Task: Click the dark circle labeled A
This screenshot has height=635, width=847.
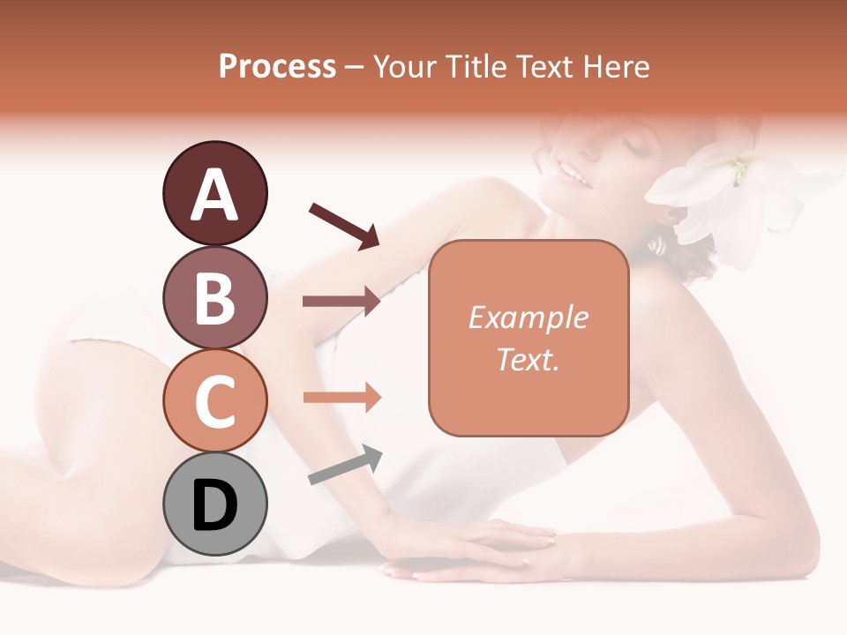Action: click(214, 193)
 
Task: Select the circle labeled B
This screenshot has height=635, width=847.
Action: click(214, 297)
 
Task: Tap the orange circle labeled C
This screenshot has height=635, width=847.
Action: click(214, 400)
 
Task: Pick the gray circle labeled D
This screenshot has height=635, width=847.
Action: click(214, 504)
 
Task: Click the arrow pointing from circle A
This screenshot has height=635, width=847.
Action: click(344, 225)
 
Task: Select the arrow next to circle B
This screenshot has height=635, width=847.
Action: click(341, 302)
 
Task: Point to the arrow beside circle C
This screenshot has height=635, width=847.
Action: click(341, 398)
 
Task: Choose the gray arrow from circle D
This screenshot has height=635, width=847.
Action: click(345, 465)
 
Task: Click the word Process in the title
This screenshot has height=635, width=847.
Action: click(277, 67)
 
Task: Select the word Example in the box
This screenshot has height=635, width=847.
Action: click(528, 317)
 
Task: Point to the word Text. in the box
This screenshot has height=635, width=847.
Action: click(528, 359)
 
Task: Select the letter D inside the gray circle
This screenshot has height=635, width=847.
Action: click(214, 505)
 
